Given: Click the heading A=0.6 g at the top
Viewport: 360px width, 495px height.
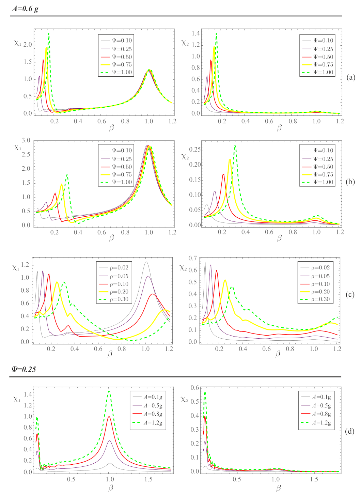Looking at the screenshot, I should coord(25,9).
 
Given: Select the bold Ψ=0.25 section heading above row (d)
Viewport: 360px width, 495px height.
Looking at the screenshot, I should coord(24,369).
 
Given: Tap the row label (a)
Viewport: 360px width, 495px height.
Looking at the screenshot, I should coord(350,77).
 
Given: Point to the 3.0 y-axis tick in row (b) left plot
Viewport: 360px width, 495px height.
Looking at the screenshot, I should coord(26,141).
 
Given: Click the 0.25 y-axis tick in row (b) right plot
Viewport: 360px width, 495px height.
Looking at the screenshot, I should coord(195,150).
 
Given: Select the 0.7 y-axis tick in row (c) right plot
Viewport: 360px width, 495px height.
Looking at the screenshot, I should coord(193,258).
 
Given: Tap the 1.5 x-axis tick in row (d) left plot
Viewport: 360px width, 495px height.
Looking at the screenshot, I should coord(148,479).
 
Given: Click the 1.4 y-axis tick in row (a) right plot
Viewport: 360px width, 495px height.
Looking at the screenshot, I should coord(195,33).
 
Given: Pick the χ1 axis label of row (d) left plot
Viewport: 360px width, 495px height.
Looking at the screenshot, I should coord(17,399).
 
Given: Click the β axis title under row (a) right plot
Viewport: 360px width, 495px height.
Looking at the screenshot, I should coord(279,128).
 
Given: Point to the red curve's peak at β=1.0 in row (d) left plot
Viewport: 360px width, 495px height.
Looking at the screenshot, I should coord(109,416).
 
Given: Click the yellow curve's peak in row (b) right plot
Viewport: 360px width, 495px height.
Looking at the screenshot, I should coord(230,159).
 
